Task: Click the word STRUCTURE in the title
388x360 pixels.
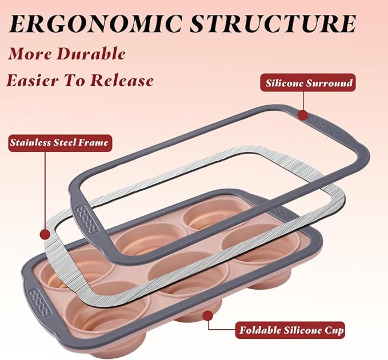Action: click(274, 23)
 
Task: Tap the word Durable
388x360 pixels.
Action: click(91, 54)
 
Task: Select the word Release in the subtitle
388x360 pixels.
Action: click(122, 80)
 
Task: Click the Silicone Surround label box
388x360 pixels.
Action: click(308, 83)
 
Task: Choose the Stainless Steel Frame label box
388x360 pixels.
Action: click(59, 143)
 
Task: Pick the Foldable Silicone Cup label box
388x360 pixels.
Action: click(290, 330)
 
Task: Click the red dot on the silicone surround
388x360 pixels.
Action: click(303, 115)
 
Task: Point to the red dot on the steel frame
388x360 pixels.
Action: click(45, 234)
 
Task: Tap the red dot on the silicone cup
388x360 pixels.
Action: click(207, 315)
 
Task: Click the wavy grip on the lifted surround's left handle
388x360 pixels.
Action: click(87, 219)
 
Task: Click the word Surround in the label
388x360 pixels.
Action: click(329, 83)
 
